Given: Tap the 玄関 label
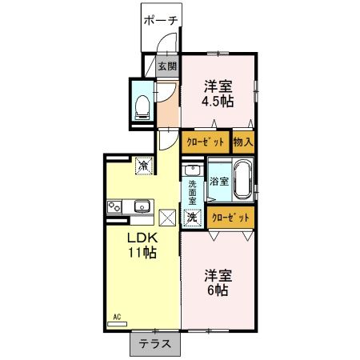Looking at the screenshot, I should (166, 66).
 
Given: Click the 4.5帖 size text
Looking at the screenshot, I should (218, 102).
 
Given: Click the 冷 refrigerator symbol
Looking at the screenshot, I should (142, 166).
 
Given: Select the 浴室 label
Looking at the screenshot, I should (218, 182).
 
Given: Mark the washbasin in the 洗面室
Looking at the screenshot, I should (193, 170).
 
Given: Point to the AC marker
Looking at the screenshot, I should (117, 318).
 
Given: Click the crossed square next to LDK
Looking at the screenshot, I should (167, 217).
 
